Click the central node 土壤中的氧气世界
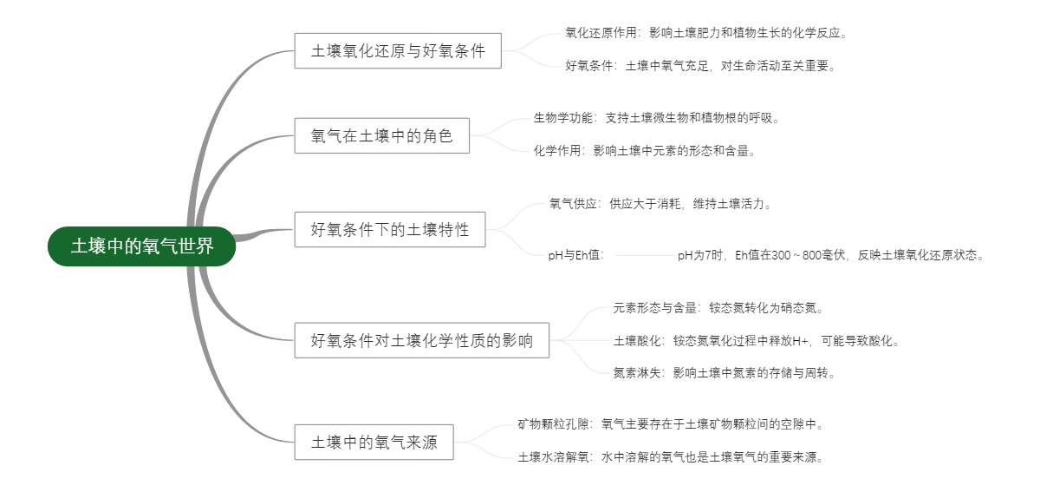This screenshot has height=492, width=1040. click(142, 246)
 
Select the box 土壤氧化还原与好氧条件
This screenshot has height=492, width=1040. click(398, 51)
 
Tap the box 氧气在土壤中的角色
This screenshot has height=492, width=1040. click(381, 135)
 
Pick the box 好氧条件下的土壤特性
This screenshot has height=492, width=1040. click(390, 229)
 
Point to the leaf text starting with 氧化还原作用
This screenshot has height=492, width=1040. click(705, 33)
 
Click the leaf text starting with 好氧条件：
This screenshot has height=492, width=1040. click(700, 65)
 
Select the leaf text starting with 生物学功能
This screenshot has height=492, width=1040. click(656, 118)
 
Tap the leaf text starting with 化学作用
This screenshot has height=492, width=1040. click(645, 151)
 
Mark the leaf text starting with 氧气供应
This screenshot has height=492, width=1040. click(660, 205)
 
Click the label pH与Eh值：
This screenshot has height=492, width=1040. click(575, 256)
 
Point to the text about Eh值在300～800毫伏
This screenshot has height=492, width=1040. click(831, 256)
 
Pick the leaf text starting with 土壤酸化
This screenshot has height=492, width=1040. click(756, 341)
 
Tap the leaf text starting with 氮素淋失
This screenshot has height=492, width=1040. click(724, 373)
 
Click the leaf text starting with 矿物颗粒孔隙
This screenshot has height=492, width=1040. click(670, 425)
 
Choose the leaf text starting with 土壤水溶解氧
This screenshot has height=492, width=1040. click(670, 457)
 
